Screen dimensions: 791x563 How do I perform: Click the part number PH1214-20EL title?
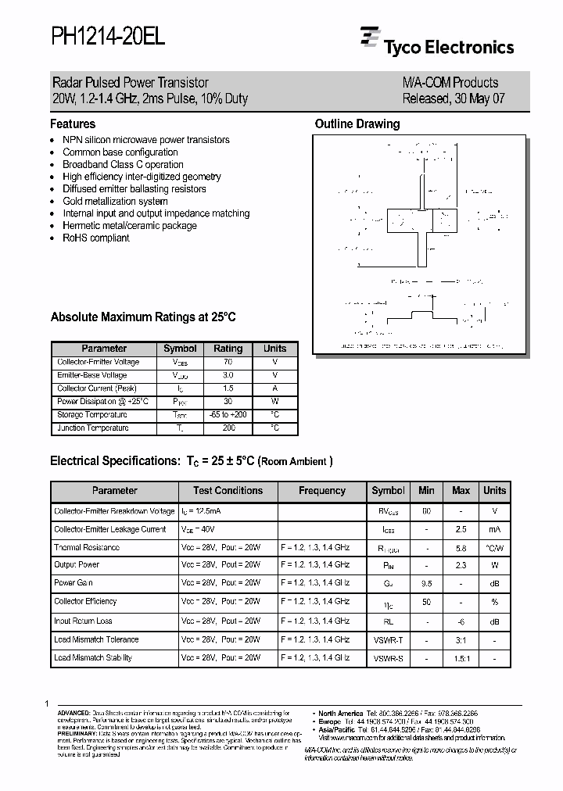click(x=108, y=38)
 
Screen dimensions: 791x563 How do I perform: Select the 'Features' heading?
click(x=73, y=123)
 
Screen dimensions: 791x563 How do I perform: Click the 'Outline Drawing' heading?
click(x=357, y=123)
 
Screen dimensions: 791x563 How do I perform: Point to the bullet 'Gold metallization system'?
click(x=115, y=201)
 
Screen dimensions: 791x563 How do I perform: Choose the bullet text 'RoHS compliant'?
click(x=95, y=238)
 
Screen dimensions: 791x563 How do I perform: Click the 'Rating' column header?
click(x=228, y=349)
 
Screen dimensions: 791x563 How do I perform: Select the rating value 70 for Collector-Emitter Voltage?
click(x=228, y=363)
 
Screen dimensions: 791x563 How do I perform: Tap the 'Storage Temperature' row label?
click(x=91, y=415)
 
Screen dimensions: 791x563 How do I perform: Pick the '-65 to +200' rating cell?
click(x=228, y=415)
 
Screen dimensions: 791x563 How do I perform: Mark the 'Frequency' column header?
click(x=321, y=491)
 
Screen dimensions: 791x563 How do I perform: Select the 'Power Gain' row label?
click(x=74, y=583)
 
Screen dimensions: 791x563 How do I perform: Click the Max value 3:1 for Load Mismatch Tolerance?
click(x=461, y=639)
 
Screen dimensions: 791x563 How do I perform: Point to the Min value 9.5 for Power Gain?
click(x=426, y=583)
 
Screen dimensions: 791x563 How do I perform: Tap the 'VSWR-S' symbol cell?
click(x=388, y=658)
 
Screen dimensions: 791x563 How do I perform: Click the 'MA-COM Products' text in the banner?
click(x=450, y=83)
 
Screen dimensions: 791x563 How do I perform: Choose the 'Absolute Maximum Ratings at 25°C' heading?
click(x=143, y=317)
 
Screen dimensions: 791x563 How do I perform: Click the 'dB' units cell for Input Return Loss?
click(x=494, y=621)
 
